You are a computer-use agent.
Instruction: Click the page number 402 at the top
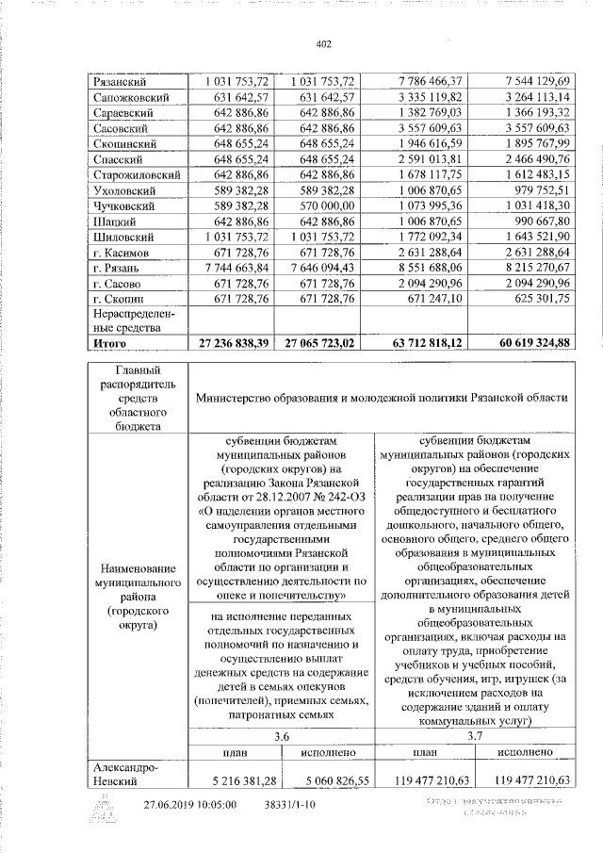pos(324,43)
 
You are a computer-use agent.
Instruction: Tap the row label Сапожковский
pos(131,98)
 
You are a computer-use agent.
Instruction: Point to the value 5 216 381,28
pos(238,781)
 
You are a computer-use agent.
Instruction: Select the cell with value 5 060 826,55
pos(325,781)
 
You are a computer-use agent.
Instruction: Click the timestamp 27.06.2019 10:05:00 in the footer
pos(189,806)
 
